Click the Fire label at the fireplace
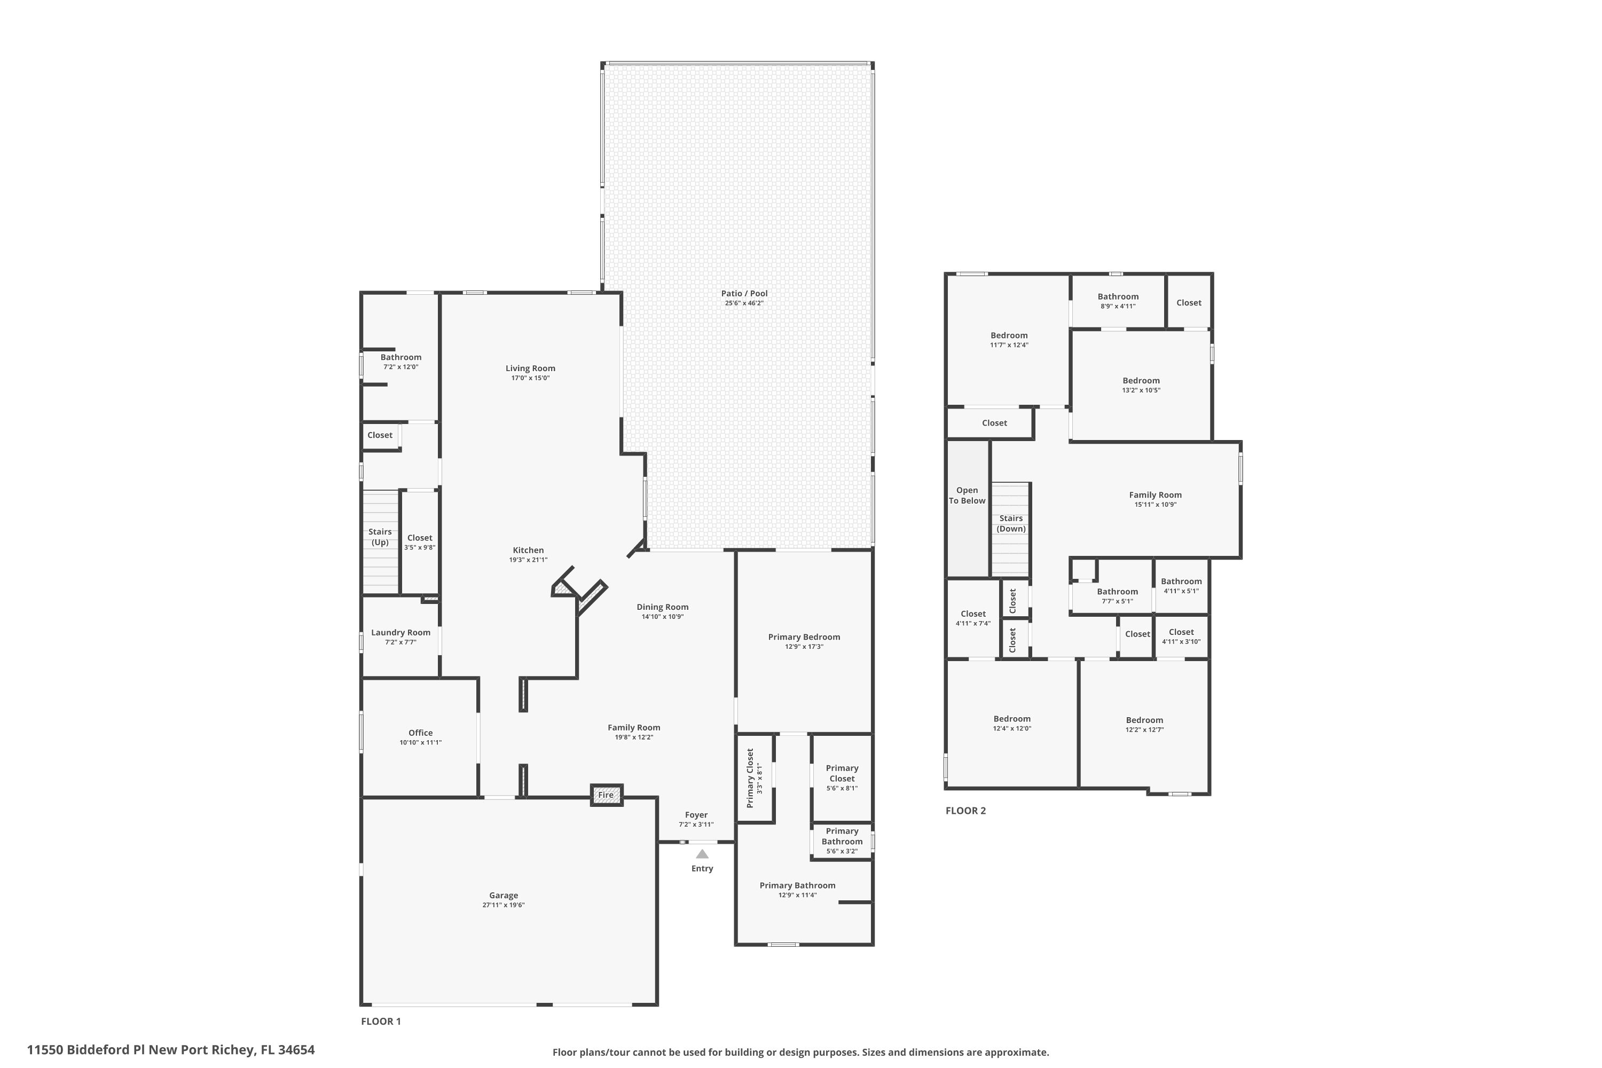[x=606, y=795]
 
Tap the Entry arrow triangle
[x=702, y=854]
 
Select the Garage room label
[x=504, y=896]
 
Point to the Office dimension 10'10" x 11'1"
[x=420, y=742]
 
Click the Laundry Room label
[x=400, y=633]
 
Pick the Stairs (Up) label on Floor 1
[x=380, y=537]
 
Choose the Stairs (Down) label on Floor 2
[x=1011, y=523]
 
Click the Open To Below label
[x=967, y=495]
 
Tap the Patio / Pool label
[x=744, y=294]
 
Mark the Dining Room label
[x=662, y=607]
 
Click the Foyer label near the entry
[x=696, y=815]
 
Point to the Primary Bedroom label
[x=804, y=637]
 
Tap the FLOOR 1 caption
[x=381, y=1021]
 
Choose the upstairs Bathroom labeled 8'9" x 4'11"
[x=1118, y=296]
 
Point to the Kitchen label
[x=528, y=551]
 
